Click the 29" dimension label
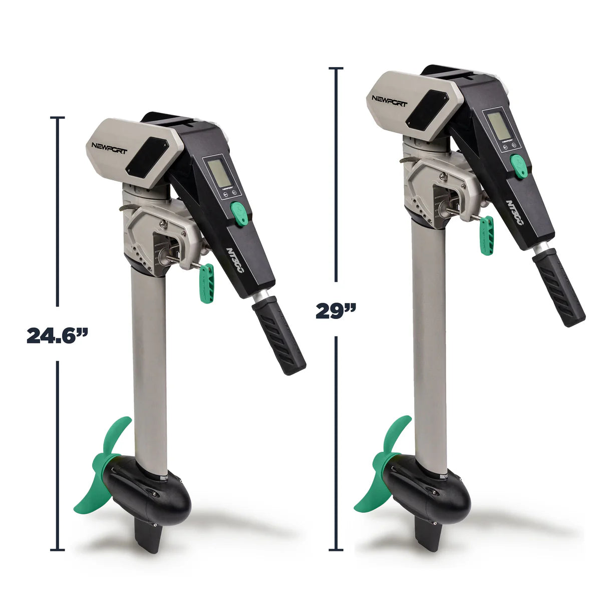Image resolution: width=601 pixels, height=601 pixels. click(336, 311)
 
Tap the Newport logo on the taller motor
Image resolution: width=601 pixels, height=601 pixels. click(390, 98)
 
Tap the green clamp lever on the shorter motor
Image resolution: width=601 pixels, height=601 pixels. click(206, 283)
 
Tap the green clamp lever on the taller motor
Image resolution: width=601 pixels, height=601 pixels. click(486, 235)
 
